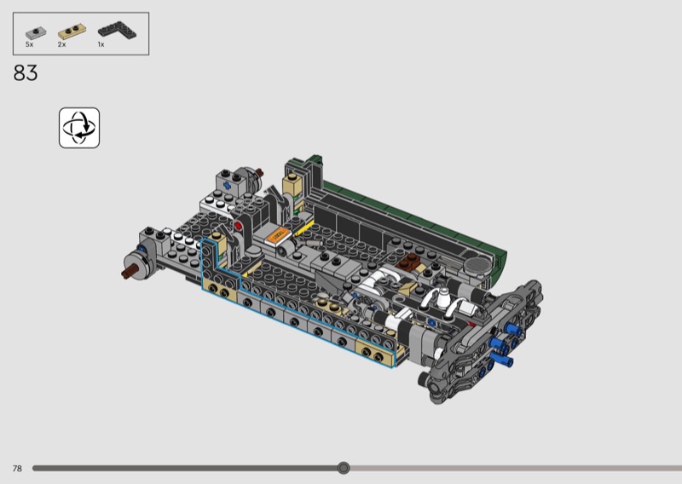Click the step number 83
pyautogui.click(x=26, y=72)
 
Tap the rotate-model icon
pyautogui.click(x=79, y=128)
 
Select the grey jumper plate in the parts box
pyautogui.click(x=36, y=32)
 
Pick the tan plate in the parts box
pyautogui.click(x=72, y=32)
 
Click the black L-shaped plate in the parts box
pyautogui.click(x=117, y=31)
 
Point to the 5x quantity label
pyautogui.click(x=29, y=44)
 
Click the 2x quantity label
pyautogui.click(x=61, y=44)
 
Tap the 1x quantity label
pyautogui.click(x=101, y=44)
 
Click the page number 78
pyautogui.click(x=17, y=469)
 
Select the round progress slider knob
pyautogui.click(x=344, y=468)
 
